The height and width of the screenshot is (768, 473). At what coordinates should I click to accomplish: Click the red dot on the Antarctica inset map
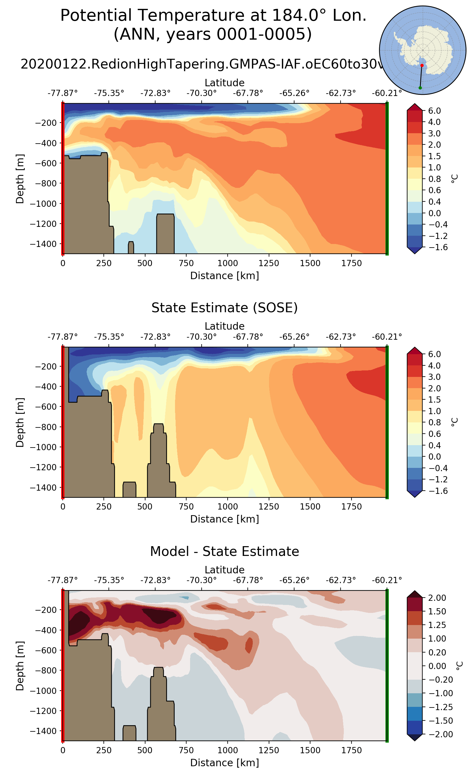pos(422,65)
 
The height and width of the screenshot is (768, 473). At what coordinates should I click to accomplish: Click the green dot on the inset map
pos(420,88)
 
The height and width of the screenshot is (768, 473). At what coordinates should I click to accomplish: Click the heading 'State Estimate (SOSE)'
pos(224,308)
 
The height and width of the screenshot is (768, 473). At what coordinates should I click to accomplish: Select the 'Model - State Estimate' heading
pos(224,551)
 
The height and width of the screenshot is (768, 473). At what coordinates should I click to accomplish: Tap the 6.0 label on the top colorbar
pos(435,111)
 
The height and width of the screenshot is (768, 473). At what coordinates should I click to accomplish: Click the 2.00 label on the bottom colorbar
pos(437,598)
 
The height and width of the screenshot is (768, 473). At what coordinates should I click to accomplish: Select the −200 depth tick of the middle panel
pos(45,366)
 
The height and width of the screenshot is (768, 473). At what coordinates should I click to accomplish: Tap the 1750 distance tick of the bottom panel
pos(351,750)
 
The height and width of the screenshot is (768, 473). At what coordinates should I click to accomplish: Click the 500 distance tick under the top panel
pos(145,263)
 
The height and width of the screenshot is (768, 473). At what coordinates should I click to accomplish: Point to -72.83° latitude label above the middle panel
pos(155,337)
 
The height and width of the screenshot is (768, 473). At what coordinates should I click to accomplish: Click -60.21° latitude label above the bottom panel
pos(387,580)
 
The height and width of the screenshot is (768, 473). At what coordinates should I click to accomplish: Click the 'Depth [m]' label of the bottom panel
pos(20,666)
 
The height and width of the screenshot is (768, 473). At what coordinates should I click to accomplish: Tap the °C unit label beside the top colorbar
pos(455,178)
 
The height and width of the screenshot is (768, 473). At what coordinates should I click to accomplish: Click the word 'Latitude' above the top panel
pos(224,83)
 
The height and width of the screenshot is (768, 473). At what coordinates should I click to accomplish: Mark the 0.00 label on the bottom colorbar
pos(437,666)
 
